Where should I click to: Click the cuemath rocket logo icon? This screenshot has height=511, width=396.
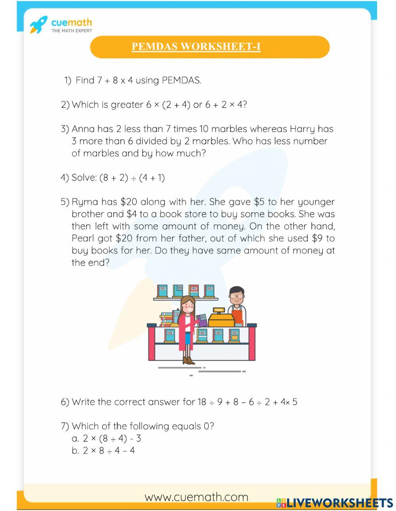(x=38, y=25)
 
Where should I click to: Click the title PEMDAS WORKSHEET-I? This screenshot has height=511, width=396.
(x=196, y=47)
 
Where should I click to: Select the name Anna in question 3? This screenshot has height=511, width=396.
(x=83, y=129)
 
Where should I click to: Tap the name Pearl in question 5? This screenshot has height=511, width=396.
(x=83, y=238)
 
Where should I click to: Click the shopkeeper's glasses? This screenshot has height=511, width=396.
(x=236, y=296)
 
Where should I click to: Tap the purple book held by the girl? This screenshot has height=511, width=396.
(x=202, y=320)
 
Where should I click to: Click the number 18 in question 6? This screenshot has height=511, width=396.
(x=202, y=402)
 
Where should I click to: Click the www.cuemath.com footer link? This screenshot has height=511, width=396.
(x=196, y=497)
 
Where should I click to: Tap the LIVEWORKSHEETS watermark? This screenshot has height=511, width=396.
(x=335, y=503)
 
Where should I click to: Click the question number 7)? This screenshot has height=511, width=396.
(x=65, y=426)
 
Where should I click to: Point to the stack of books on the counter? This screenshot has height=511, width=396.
(x=166, y=319)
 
